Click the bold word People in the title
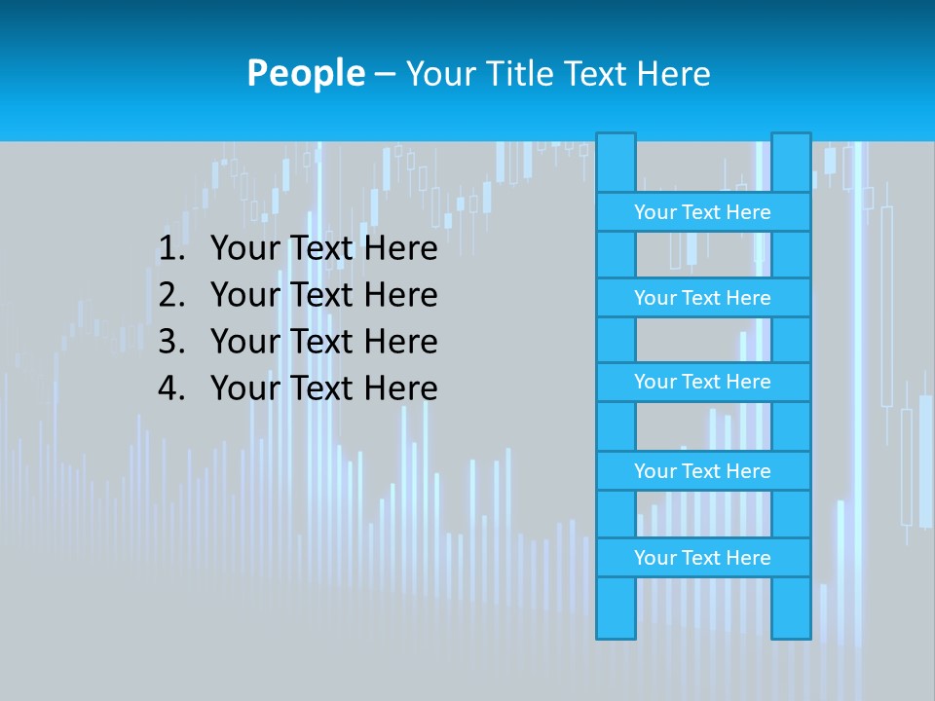[306, 74]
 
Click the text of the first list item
[323, 249]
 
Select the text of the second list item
[323, 295]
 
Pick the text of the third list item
[323, 342]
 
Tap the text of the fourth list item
[323, 388]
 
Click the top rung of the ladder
[702, 212]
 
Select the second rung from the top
[702, 298]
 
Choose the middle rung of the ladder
[702, 383]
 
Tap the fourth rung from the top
[702, 471]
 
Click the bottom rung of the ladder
[702, 558]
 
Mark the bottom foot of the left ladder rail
[616, 628]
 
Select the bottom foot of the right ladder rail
[791, 628]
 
